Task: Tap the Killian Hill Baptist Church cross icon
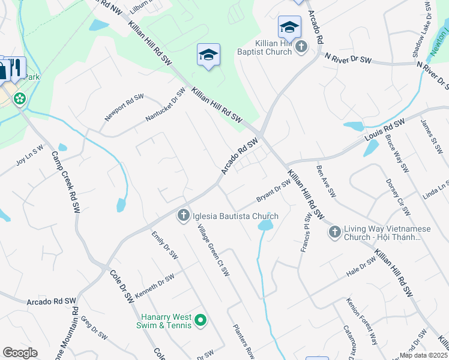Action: click(x=301, y=46)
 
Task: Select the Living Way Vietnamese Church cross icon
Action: click(x=335, y=231)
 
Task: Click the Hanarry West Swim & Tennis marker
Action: click(x=201, y=322)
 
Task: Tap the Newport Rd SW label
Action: click(x=124, y=107)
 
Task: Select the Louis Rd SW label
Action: click(x=384, y=131)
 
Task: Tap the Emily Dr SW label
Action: click(x=164, y=245)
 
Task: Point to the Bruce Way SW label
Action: click(x=397, y=152)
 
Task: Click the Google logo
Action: click(x=20, y=353)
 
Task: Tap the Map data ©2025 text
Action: click(x=424, y=355)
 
